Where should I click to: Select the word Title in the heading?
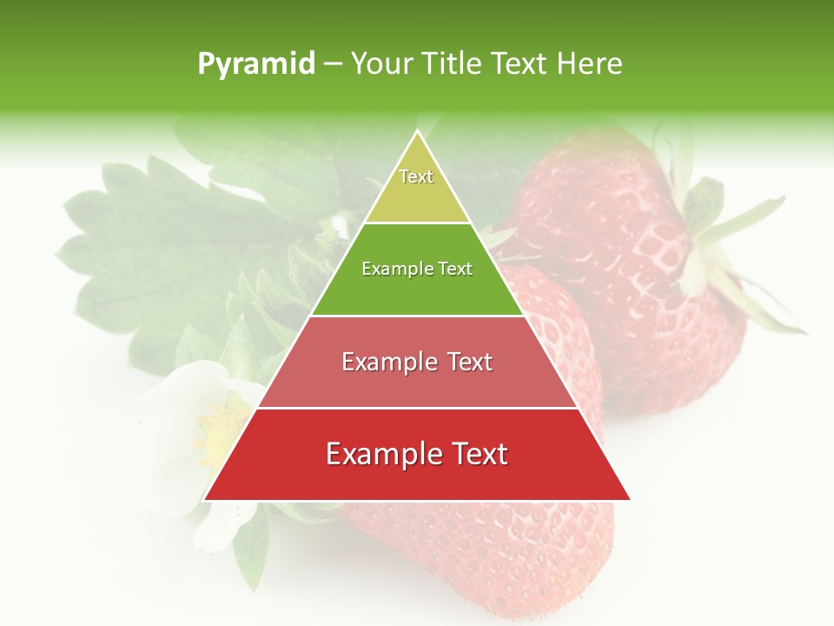[451, 64]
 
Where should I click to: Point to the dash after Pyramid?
[333, 64]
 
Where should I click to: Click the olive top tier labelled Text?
[417, 191]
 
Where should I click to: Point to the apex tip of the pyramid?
[417, 132]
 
